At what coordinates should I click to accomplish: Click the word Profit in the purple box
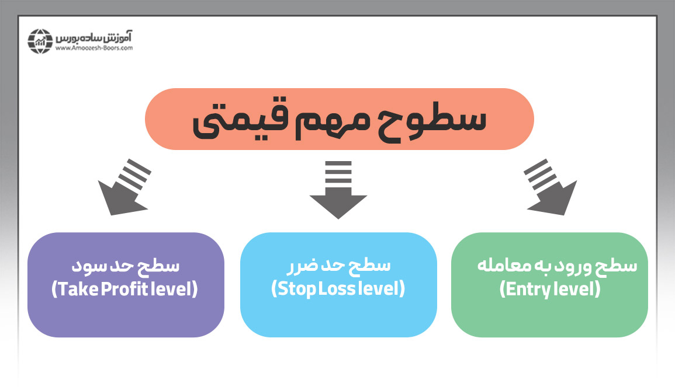(131, 289)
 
